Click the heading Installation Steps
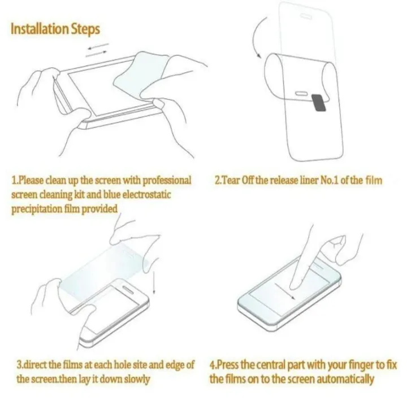pos(55,29)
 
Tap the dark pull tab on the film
pos(319,103)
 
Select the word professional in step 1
pos(167,181)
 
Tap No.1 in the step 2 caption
pos(330,180)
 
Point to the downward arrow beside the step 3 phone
pos(154,282)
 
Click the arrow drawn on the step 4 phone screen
pos(285,292)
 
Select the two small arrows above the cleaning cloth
pos(97,50)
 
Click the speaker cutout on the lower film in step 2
pos(302,93)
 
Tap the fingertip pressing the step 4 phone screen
pos(294,285)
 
